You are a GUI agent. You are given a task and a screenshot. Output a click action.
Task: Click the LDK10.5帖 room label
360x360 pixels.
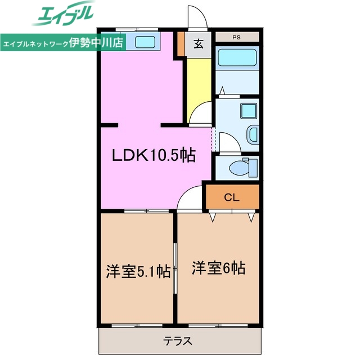[x=153, y=155]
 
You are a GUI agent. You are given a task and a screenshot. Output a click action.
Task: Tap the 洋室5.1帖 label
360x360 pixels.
[x=138, y=272]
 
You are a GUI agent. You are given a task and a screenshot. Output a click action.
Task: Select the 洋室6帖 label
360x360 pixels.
[x=218, y=268]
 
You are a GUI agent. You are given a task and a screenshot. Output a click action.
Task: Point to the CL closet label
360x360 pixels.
[x=232, y=197]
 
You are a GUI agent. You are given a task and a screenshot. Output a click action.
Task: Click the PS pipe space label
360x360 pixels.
[x=237, y=37]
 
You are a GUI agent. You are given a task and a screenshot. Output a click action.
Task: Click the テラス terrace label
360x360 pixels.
[x=179, y=340]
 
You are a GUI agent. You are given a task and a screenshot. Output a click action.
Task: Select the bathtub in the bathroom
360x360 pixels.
[x=236, y=58]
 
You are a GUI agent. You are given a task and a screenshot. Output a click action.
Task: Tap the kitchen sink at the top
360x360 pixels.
[x=146, y=41]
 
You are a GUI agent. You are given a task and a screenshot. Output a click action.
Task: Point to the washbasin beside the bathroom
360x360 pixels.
[x=253, y=135]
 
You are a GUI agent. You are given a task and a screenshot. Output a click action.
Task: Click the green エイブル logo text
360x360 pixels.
[x=65, y=16]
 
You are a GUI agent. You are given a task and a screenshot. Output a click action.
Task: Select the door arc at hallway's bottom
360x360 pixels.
[x=200, y=115]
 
